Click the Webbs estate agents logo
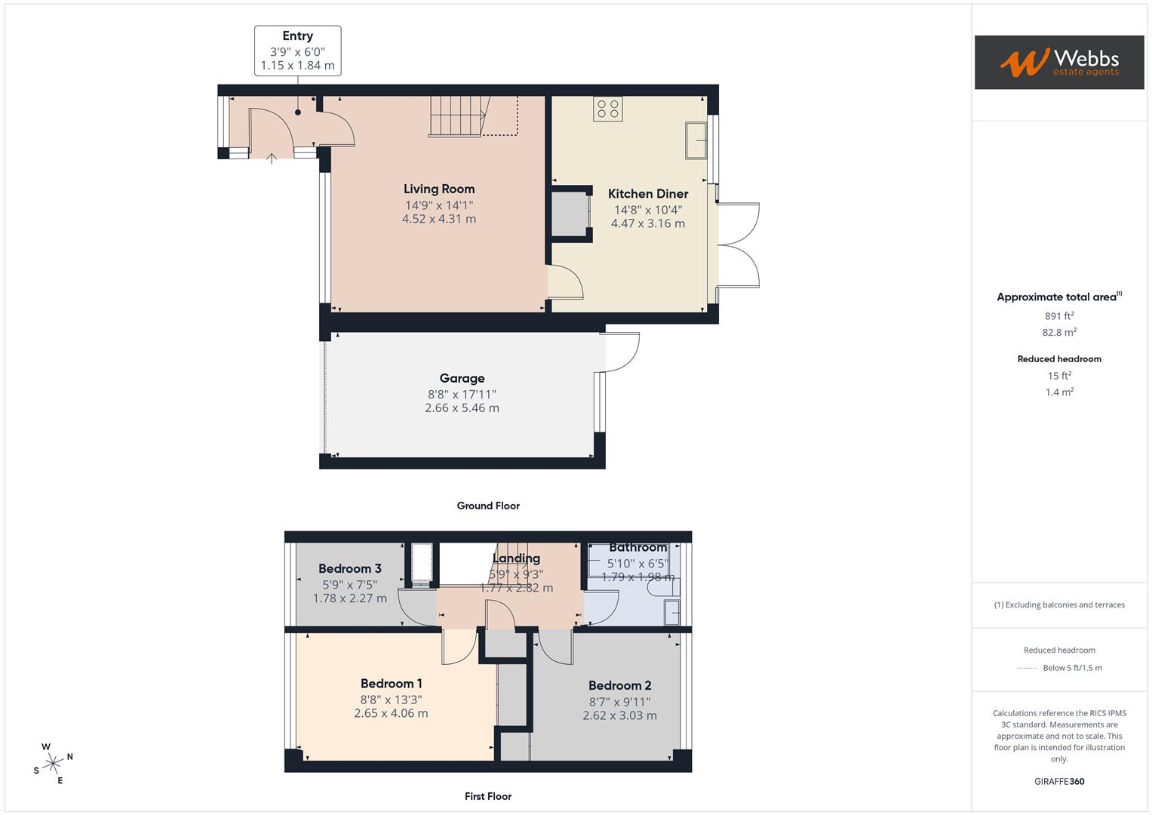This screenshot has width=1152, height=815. click(1058, 62)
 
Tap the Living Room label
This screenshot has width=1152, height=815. click(438, 189)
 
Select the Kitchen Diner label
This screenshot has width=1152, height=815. click(648, 194)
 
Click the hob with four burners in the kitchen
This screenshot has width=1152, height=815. click(608, 109)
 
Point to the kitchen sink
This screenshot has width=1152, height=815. click(696, 140)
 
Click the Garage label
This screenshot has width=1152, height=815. click(462, 378)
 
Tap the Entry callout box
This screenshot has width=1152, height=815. click(297, 51)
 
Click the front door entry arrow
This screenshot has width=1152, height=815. click(272, 158)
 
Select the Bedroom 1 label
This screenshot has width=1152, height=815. click(391, 684)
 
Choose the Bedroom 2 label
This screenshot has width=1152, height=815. click(619, 685)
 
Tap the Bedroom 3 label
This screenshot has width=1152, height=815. click(349, 568)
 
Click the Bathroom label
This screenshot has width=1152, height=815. click(637, 547)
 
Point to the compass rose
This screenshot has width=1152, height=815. click(54, 764)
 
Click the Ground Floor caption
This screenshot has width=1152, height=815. click(488, 506)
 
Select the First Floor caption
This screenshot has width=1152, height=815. click(488, 796)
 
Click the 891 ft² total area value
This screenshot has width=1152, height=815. click(1058, 316)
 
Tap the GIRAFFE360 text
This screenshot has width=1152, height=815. click(1058, 781)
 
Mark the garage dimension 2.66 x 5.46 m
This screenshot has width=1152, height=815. click(462, 408)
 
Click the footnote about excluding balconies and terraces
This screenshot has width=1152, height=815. click(1058, 604)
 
